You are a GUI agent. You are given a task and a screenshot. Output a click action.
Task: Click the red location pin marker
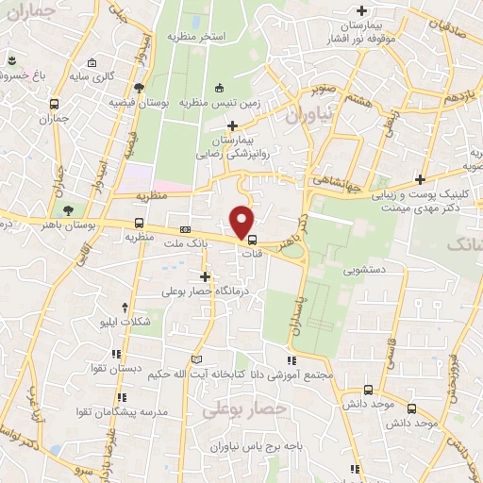click(243, 221)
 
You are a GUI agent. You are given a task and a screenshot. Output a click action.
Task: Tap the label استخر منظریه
click(200, 36)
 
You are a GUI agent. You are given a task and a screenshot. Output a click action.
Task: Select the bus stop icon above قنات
click(251, 239)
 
